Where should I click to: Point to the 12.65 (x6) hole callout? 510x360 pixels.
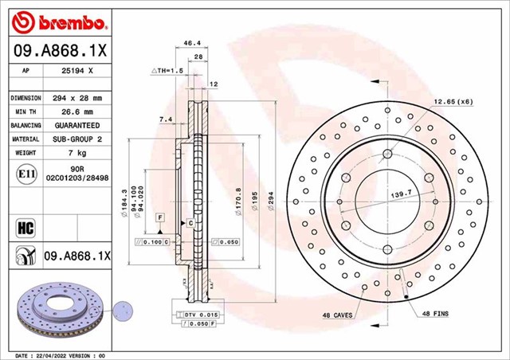(x=453, y=101)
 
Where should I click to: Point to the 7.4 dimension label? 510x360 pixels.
(x=165, y=119)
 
